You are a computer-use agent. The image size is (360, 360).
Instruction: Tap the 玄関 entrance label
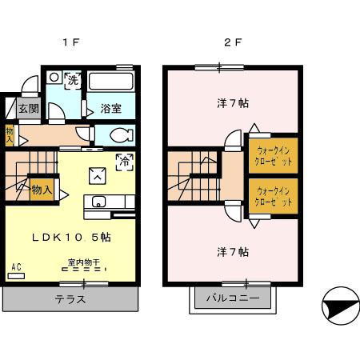[x=29, y=109]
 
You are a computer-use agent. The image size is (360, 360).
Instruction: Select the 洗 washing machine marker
[x=73, y=80]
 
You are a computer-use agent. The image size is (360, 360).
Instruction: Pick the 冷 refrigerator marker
[x=124, y=161]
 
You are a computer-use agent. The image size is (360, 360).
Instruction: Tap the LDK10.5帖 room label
[x=70, y=238]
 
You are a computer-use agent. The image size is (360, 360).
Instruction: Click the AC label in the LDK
[x=16, y=267]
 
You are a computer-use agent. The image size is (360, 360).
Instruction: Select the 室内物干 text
[x=83, y=262]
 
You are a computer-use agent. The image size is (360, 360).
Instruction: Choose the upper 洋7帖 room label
[x=233, y=103]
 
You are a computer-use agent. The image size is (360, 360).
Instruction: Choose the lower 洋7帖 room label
[x=233, y=252]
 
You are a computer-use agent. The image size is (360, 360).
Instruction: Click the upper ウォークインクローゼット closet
[x=271, y=154]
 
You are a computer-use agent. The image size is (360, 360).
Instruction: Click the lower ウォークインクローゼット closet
[x=271, y=196]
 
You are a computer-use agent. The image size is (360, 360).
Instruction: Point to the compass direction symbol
[x=337, y=307]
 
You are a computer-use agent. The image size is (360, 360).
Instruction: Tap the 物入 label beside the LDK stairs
[x=42, y=190]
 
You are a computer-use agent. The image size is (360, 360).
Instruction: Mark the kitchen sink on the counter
[x=99, y=202]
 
